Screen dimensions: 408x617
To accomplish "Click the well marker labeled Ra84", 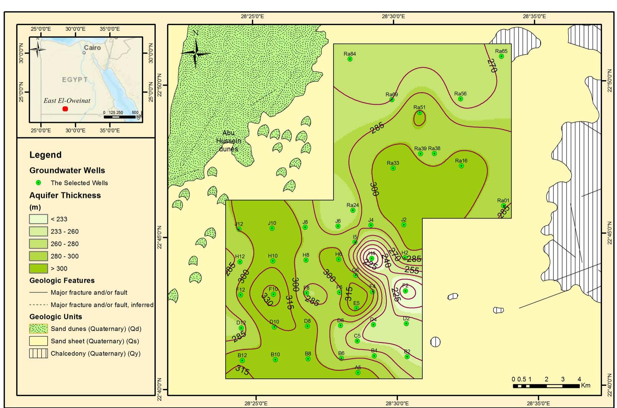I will point(350,59).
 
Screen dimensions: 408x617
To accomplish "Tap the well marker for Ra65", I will point(501,56).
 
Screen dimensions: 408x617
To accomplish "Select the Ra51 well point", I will point(420,113).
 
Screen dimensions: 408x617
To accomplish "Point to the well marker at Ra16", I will point(461,166).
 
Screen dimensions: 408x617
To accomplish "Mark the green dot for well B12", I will point(242,360).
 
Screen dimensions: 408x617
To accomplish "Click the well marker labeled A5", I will point(358,372).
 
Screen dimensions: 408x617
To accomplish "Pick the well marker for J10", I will point(272,228).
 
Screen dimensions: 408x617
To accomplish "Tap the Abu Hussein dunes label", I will point(229,141).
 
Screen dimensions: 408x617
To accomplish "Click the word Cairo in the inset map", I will point(92,48).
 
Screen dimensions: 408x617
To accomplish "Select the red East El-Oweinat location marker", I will point(65,109).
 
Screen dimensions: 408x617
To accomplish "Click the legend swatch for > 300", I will point(38,268).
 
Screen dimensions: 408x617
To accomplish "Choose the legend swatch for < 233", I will point(38,219).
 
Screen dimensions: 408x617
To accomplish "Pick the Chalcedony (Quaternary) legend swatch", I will point(38,353).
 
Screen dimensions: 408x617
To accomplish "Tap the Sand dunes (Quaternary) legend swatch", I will point(38,329).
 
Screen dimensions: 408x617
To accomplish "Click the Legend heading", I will point(45,155).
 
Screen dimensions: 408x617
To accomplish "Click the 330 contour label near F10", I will point(267,300).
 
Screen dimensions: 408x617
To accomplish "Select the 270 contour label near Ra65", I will point(492,66).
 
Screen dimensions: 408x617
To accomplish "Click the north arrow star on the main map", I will point(196,53).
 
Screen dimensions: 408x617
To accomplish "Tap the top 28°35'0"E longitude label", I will point(534,16).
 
